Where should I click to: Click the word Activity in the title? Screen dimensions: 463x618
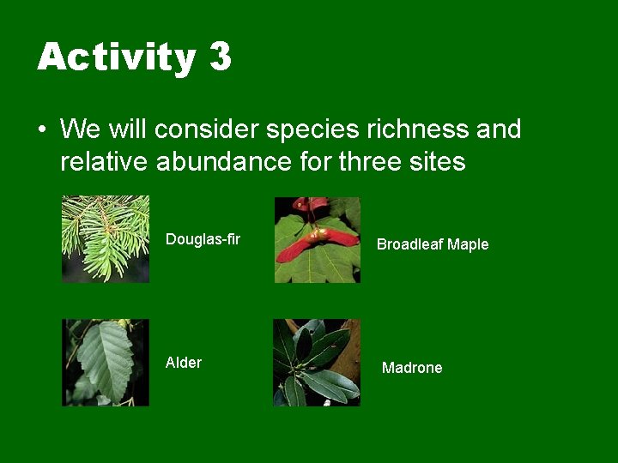point(116,57)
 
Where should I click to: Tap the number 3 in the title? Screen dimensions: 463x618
point(220,57)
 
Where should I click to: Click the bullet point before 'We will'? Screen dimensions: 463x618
point(41,130)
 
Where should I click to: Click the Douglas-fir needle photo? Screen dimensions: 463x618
point(106,239)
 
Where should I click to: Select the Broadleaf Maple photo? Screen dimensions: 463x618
point(317,239)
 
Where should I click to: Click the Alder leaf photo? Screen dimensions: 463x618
point(106,362)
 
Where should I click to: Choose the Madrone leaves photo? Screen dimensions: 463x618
point(317,362)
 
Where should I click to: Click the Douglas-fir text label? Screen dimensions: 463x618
point(203,238)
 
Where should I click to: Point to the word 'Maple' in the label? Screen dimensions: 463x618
point(468,244)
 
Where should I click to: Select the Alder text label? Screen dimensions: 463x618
point(183,363)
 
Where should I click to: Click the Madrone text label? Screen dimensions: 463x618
point(412,368)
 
